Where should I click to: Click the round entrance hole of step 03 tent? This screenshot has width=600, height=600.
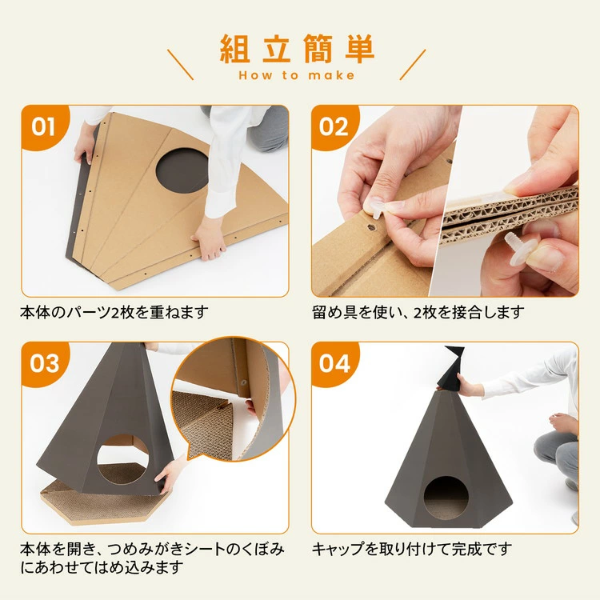(x=123, y=459)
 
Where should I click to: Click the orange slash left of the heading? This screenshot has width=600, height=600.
(x=181, y=64)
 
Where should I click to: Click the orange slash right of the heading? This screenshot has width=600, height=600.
(x=413, y=64)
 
